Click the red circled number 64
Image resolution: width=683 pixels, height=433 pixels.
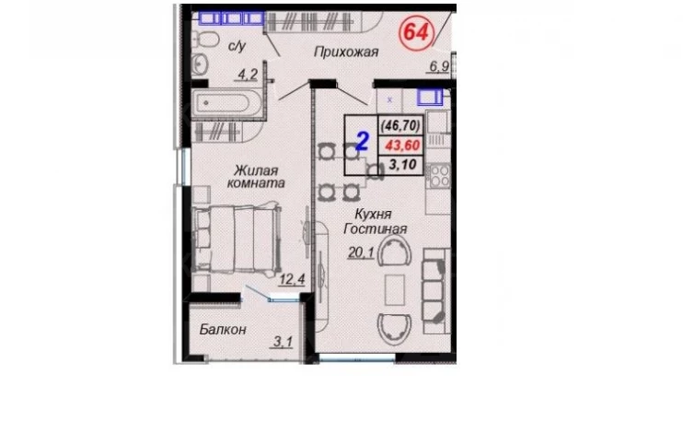(x=417, y=32)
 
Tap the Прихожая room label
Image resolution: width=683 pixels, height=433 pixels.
(x=346, y=53)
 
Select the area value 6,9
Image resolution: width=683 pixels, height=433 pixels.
(x=439, y=66)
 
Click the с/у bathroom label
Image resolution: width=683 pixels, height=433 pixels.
(x=237, y=46)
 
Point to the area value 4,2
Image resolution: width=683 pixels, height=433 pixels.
(x=248, y=75)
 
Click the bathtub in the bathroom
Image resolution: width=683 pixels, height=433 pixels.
(x=226, y=104)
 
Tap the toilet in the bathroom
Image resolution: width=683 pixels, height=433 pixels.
(x=204, y=41)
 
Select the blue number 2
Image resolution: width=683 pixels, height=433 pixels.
(x=363, y=141)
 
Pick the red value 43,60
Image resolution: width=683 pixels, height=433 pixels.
(x=402, y=146)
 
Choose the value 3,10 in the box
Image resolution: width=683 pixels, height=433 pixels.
(x=403, y=165)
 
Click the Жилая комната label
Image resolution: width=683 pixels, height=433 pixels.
(x=256, y=176)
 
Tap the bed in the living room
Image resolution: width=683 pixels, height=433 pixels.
(x=237, y=240)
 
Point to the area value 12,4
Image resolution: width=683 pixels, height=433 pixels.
(x=293, y=279)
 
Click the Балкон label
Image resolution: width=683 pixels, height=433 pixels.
(x=223, y=330)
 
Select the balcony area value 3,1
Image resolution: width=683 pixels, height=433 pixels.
(x=284, y=342)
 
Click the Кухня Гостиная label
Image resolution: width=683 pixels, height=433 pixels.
(x=376, y=221)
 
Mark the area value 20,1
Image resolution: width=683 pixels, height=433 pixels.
(x=361, y=252)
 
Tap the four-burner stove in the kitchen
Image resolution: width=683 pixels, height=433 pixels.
(x=439, y=176)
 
